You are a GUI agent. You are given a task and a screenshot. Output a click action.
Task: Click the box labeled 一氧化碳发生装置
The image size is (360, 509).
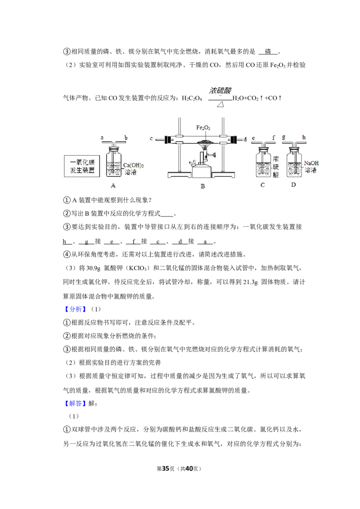[x=82, y=166]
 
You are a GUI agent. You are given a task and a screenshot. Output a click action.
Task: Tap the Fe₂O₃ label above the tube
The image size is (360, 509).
[x=203, y=128]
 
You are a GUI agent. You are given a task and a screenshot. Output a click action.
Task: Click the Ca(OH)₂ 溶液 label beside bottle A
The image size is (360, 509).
[x=133, y=169]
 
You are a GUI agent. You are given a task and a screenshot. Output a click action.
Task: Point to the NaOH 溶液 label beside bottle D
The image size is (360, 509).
[x=311, y=166]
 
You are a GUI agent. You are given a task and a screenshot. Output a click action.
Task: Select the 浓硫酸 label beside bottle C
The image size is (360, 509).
[x=275, y=167]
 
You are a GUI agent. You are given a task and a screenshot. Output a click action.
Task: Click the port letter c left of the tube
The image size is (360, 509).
[x=151, y=138]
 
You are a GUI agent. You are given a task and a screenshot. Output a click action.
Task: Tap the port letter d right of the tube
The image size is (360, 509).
[x=245, y=139]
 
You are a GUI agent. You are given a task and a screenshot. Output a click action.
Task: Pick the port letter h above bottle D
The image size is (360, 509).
[x=304, y=137]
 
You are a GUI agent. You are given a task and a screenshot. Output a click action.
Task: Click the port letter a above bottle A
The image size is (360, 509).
[x=102, y=138]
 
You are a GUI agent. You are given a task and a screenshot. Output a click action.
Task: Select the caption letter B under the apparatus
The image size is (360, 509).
[x=203, y=186]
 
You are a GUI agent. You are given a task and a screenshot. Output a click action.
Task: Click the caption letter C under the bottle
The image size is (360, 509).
[x=262, y=185]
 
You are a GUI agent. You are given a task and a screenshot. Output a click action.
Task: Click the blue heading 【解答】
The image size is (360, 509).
[x=76, y=403]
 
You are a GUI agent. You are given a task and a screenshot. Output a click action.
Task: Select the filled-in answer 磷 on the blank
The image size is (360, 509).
[x=268, y=51]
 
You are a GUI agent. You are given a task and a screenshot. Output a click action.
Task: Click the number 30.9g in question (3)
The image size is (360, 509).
[x=94, y=268]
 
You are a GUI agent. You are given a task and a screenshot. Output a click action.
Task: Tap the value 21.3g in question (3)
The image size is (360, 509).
[x=250, y=282]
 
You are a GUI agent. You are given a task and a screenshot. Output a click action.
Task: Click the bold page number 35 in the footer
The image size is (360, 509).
[x=166, y=469]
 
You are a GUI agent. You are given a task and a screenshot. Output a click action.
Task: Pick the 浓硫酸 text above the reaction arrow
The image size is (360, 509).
[x=220, y=90]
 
